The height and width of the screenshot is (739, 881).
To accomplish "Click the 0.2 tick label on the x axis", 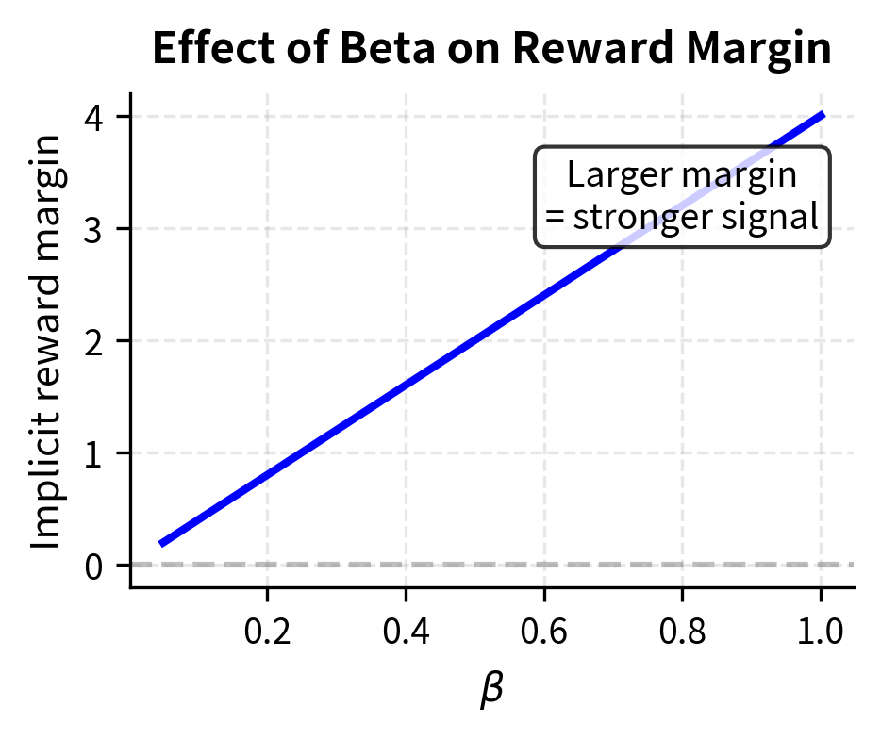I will [x=267, y=631].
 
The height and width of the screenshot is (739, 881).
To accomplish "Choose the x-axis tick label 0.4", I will [x=406, y=631].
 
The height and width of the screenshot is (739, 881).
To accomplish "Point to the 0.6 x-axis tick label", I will [x=544, y=631].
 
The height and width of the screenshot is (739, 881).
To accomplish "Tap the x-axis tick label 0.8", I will [x=682, y=631].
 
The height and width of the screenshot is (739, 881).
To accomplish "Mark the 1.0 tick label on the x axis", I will [x=821, y=631].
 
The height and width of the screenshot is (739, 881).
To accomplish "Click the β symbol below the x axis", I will [x=491, y=691].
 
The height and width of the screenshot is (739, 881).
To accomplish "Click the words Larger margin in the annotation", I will [x=682, y=175].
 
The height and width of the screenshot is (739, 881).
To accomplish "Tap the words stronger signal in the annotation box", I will [x=695, y=217].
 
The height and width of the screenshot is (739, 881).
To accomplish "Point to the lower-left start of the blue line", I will [x=162, y=543].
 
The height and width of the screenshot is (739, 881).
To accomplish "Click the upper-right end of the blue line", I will [x=823, y=115].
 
